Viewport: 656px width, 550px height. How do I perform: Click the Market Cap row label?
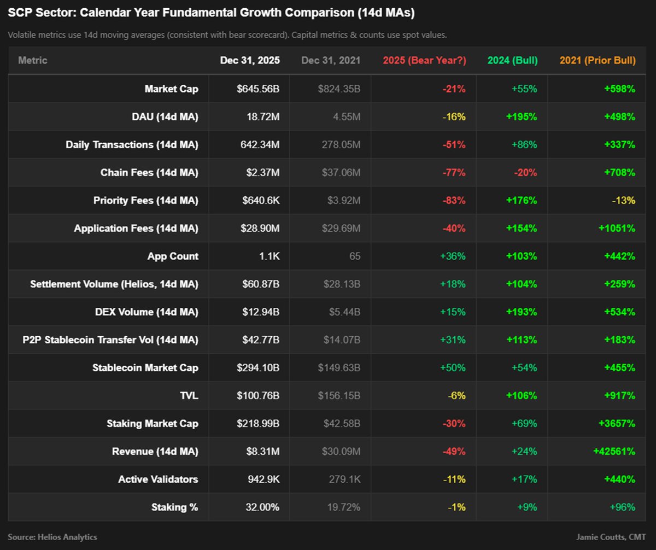pyautogui.click(x=171, y=89)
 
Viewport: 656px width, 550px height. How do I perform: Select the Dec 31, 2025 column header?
pyautogui.click(x=250, y=60)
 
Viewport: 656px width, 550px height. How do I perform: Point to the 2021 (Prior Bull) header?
pyautogui.click(x=598, y=60)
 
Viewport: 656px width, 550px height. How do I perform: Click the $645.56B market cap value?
pyautogui.click(x=258, y=89)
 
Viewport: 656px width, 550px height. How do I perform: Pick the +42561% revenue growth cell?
pyautogui.click(x=614, y=452)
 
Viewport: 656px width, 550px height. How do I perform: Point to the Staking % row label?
pyautogui.click(x=174, y=507)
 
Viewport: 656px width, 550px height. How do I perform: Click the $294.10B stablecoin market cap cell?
pyautogui.click(x=258, y=367)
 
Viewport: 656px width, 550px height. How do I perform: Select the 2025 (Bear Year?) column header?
pyautogui.click(x=424, y=60)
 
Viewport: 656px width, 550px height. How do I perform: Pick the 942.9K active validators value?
pyautogui.click(x=263, y=479)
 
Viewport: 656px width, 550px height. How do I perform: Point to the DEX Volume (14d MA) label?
pyautogui.click(x=147, y=312)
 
